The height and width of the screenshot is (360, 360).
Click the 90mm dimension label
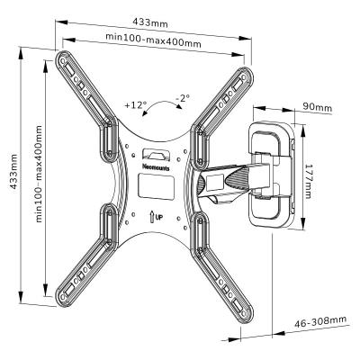317,107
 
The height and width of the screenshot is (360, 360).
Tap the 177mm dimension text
308,181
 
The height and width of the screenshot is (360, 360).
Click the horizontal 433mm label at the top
150,22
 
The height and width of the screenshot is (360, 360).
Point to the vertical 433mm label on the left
13,172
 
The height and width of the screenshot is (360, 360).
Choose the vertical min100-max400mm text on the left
39,174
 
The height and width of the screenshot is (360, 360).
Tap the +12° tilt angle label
136,105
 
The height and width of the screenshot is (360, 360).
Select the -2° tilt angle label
183,98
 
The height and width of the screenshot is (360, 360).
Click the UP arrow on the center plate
152,216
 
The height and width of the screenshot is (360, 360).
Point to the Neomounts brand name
156,167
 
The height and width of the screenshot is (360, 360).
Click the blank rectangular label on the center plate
157,187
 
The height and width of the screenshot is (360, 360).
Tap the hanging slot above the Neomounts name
156,154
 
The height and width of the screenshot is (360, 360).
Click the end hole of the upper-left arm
62,61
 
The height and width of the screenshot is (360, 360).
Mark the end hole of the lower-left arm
63,296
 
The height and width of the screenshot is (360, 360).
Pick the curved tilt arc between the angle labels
162,102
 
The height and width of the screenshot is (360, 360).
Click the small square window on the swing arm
214,183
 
